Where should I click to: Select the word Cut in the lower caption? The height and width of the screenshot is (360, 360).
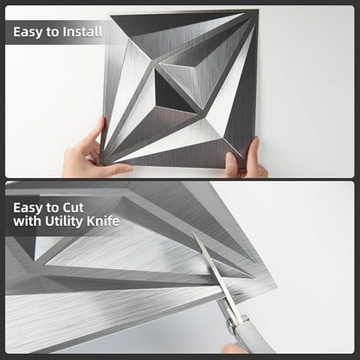pos(74,208)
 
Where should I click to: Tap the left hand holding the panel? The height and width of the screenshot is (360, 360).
pos(92,153)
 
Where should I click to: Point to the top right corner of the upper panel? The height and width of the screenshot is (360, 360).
pos(259,10)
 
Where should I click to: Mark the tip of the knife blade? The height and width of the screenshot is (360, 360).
pos(193,233)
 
